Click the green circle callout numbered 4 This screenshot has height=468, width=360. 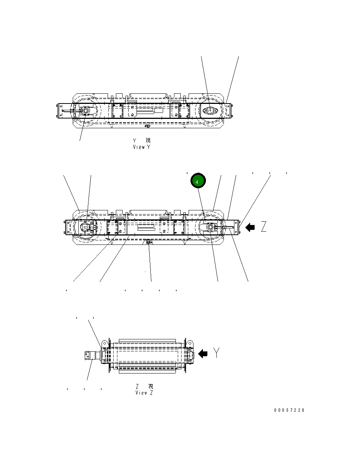click(x=198, y=181)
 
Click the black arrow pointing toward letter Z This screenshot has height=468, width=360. click(x=250, y=227)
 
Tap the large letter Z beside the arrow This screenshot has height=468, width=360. click(x=264, y=227)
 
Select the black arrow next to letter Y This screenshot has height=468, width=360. click(x=203, y=354)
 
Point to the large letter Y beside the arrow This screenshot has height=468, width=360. click(x=216, y=352)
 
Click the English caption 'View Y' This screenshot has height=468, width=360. click(x=141, y=147)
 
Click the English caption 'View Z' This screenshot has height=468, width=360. click(x=144, y=393)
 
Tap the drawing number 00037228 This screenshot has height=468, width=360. click(x=289, y=410)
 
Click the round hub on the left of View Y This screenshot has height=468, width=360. click(x=85, y=111)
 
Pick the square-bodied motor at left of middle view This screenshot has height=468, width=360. click(x=87, y=227)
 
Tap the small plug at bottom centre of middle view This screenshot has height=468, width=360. click(x=148, y=242)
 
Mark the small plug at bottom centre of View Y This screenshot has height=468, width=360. click(x=148, y=125)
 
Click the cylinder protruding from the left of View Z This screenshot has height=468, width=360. click(x=91, y=355)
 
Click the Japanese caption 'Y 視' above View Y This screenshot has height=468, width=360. click(x=141, y=140)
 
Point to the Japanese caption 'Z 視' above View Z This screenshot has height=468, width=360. click(x=144, y=386)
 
